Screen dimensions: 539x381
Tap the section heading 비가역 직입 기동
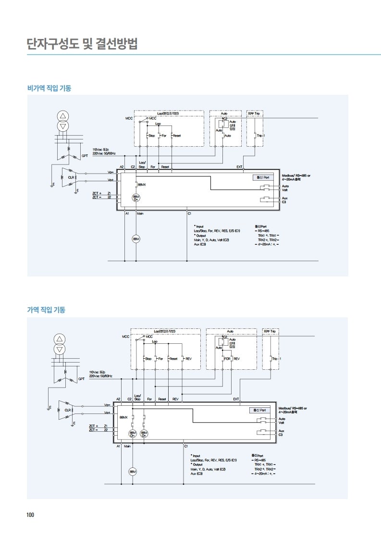click(x=49, y=88)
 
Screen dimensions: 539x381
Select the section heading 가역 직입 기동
click(x=46, y=310)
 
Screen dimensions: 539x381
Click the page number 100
click(x=30, y=515)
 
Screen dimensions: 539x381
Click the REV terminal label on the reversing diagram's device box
click(x=175, y=399)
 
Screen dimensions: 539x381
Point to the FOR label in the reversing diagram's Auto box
click(x=227, y=359)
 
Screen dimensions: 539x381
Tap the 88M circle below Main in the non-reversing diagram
click(x=136, y=239)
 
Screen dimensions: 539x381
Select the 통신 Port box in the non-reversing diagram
click(x=262, y=177)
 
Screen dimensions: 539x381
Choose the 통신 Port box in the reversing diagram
click(x=260, y=410)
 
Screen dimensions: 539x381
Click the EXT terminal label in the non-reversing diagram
click(x=239, y=167)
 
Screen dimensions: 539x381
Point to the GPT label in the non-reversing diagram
click(x=85, y=155)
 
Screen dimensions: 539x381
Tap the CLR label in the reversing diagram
click(x=68, y=410)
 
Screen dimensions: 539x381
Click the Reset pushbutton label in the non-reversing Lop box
click(x=176, y=136)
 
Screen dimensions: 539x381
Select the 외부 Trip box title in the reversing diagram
click(x=270, y=331)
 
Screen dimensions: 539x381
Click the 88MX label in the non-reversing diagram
click(x=142, y=184)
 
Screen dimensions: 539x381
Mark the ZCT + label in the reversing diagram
click(x=93, y=426)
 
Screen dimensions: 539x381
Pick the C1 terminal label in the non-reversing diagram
click(x=190, y=213)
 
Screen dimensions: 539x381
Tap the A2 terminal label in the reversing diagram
click(x=118, y=399)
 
